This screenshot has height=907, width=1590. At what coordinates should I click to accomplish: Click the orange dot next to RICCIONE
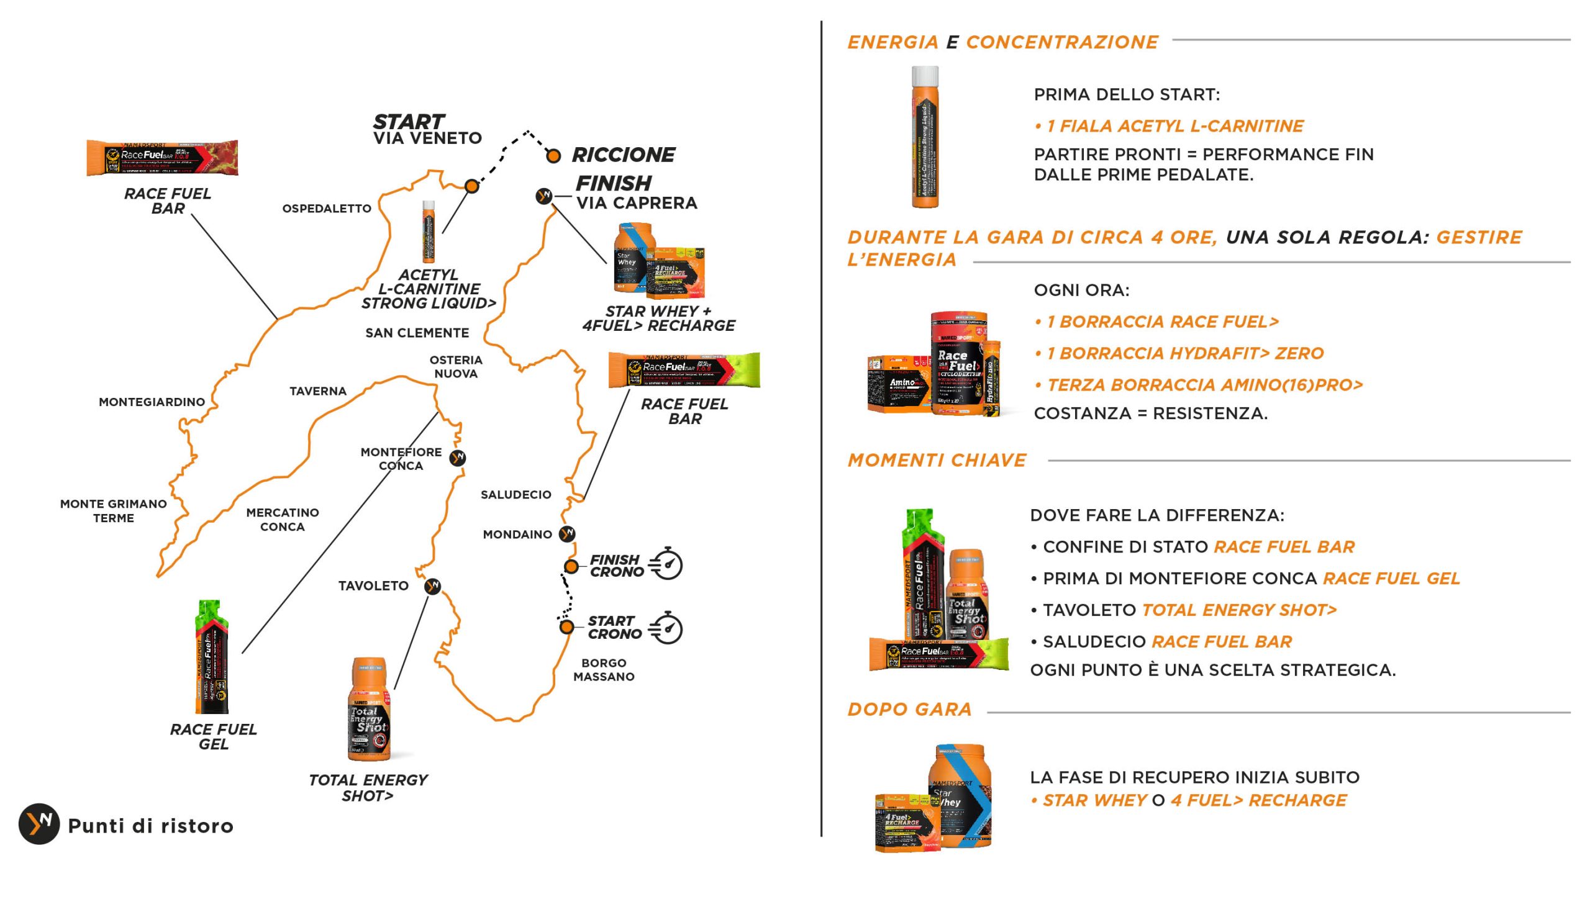click(553, 156)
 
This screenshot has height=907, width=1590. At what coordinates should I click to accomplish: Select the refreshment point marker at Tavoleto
click(432, 586)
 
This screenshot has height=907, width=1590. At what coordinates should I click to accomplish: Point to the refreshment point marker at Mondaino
click(566, 534)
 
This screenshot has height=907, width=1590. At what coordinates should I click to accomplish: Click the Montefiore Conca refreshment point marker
click(458, 458)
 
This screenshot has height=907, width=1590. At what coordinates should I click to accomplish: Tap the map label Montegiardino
click(152, 402)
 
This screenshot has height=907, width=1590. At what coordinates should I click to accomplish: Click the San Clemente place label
click(417, 333)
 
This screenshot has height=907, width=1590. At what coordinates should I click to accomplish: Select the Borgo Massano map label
click(604, 670)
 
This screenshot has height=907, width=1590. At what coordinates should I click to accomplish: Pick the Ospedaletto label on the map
click(327, 209)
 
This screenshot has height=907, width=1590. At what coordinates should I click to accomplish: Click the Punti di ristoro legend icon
click(39, 824)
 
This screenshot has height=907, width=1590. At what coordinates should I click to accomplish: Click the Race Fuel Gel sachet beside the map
click(212, 657)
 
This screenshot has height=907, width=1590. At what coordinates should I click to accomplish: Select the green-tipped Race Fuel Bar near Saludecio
click(684, 370)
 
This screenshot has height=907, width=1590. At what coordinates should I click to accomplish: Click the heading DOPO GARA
click(910, 709)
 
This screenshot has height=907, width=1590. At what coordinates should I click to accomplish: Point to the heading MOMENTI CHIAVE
click(937, 461)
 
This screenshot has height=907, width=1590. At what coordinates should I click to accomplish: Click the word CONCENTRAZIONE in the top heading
click(1061, 42)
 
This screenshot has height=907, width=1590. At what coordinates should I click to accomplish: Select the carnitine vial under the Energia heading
click(925, 137)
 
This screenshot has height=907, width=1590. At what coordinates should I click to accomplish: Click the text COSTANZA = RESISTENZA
click(1150, 413)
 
